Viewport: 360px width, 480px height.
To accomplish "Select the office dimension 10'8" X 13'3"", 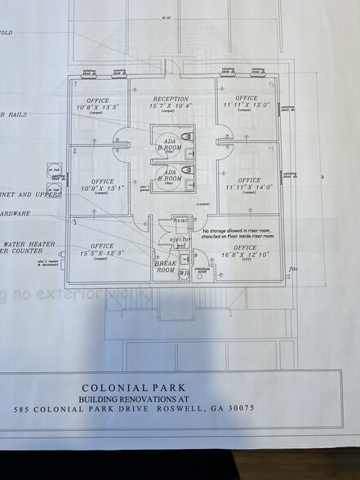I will click(x=97, y=107).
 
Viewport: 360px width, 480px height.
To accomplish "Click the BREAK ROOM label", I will click(x=166, y=269).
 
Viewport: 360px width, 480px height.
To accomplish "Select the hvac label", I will click(x=181, y=220).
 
